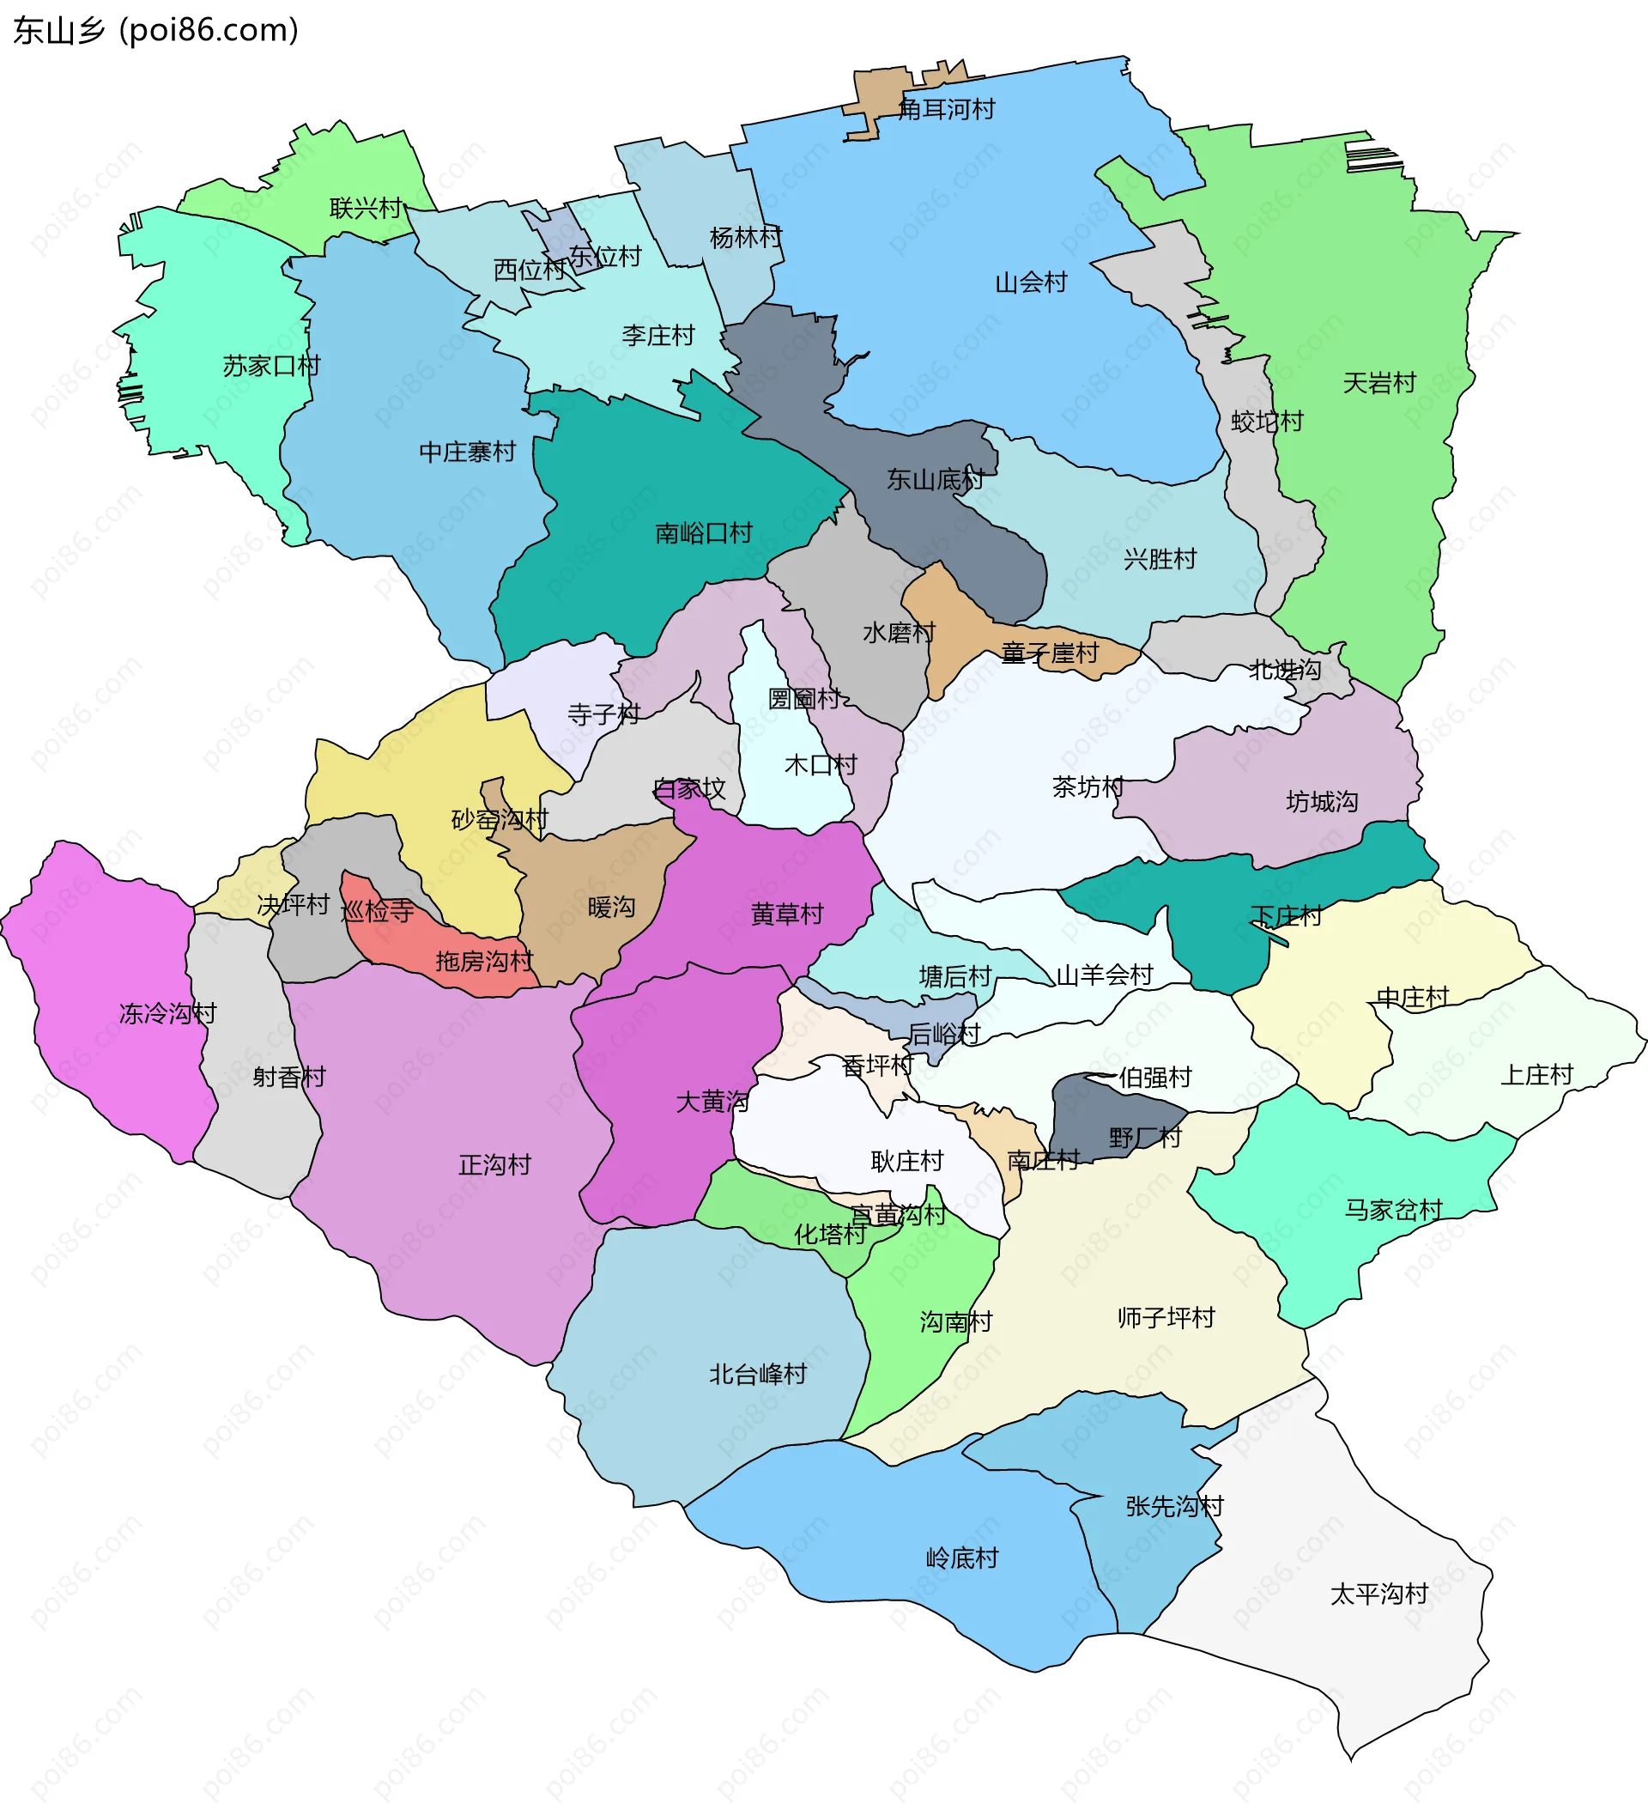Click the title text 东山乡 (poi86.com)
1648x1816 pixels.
pyautogui.click(x=154, y=31)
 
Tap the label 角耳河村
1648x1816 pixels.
pyautogui.click(x=947, y=110)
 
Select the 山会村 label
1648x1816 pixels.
pyautogui.click(x=1030, y=282)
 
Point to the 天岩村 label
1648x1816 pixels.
pyautogui.click(x=1378, y=383)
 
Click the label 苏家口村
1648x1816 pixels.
pyautogui.click(x=271, y=366)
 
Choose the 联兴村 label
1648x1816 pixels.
pyautogui.click(x=366, y=208)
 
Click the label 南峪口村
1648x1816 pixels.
pyautogui.click(x=703, y=533)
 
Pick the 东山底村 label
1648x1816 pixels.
pyautogui.click(x=935, y=479)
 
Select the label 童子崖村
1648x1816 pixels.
pyautogui.click(x=1049, y=653)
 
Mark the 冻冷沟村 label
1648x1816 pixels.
pyautogui.click(x=167, y=1013)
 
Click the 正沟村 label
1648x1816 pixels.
pyautogui.click(x=494, y=1164)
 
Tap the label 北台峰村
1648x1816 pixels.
pyautogui.click(x=757, y=1374)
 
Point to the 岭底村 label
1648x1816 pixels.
pyautogui.click(x=962, y=1558)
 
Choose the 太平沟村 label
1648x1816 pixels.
pyautogui.click(x=1378, y=1594)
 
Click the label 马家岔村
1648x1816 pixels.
pyautogui.click(x=1393, y=1209)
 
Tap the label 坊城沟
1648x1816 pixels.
pyautogui.click(x=1321, y=801)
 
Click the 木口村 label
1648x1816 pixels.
pyautogui.click(x=821, y=765)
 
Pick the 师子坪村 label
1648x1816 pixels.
pyautogui.click(x=1166, y=1317)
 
